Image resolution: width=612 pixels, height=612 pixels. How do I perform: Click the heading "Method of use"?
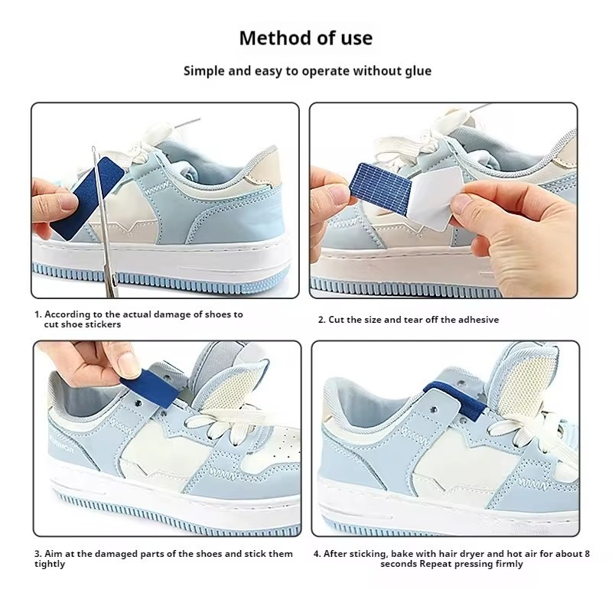pyautogui.click(x=305, y=38)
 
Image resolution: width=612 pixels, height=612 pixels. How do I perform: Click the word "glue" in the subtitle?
pyautogui.click(x=418, y=71)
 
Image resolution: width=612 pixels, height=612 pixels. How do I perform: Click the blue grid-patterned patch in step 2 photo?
pyautogui.click(x=382, y=187)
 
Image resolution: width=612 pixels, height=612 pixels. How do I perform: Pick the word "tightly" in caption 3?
pyautogui.click(x=50, y=565)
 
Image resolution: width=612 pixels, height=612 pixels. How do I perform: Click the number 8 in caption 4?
pyautogui.click(x=587, y=554)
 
